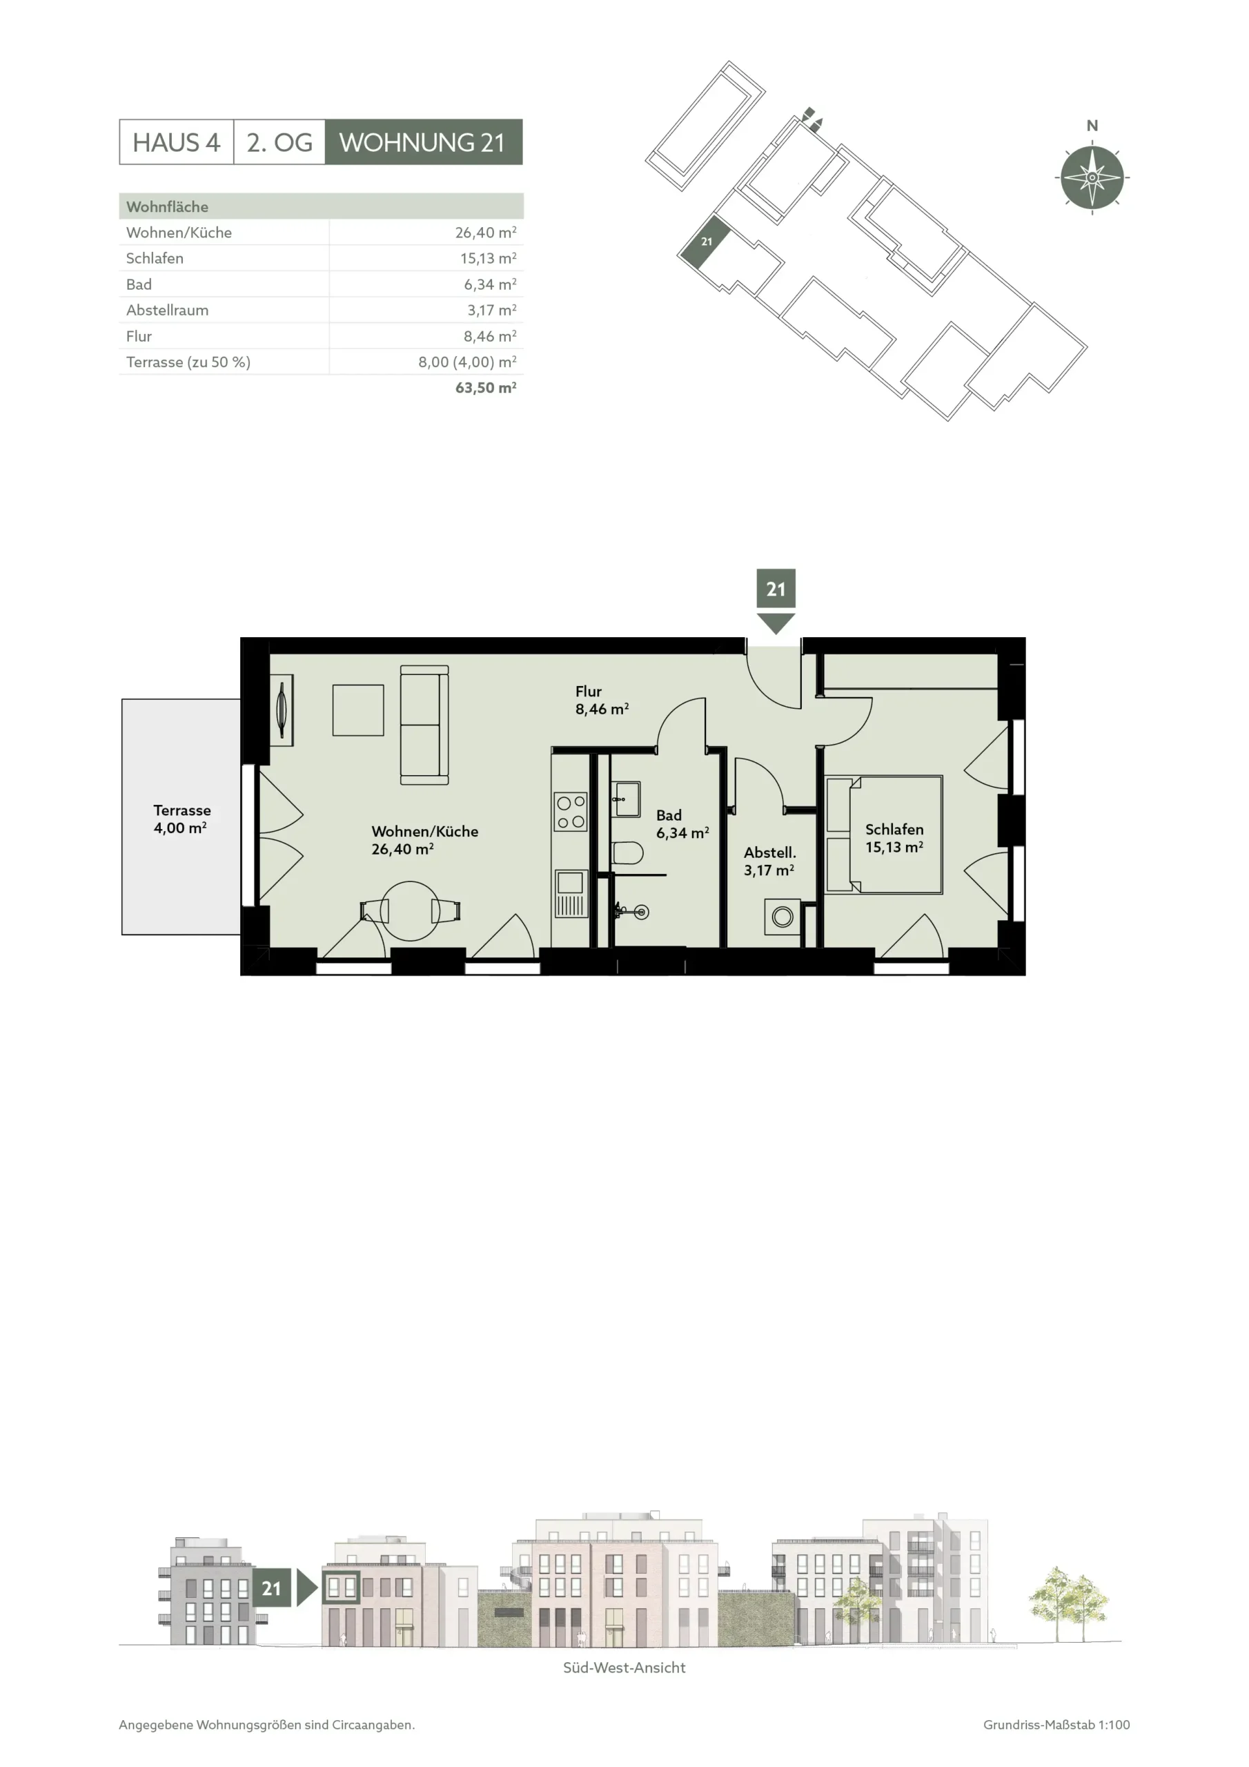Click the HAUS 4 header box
tap(176, 141)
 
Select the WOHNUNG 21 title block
tap(423, 141)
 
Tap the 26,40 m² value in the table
tap(486, 232)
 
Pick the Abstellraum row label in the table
tap(167, 310)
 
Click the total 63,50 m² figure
tap(486, 388)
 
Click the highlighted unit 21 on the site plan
tap(705, 242)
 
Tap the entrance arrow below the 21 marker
tap(775, 623)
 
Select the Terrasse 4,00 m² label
tap(181, 819)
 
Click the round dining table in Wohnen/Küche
tap(410, 910)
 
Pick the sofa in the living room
tap(424, 725)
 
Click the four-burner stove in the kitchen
tap(570, 812)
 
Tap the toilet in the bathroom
tap(627, 852)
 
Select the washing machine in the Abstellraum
tap(782, 917)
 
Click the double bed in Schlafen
tap(883, 834)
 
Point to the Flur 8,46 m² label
tap(602, 701)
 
